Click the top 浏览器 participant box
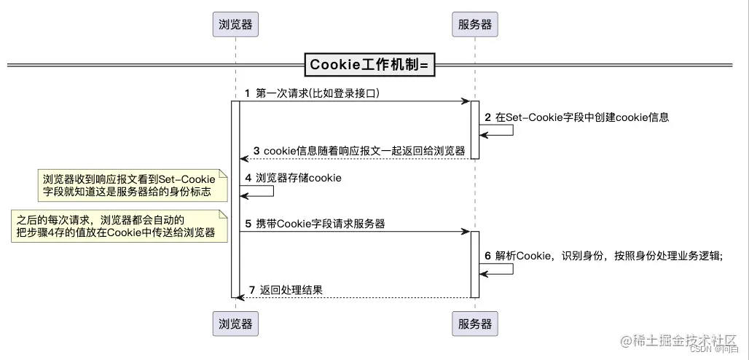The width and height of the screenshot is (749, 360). tap(236, 25)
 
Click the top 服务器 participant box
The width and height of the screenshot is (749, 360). tap(475, 25)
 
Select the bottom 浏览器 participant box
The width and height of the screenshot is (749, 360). tap(236, 323)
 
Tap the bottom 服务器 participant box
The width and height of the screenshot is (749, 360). tap(475, 323)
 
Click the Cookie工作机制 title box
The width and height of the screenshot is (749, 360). tap(369, 65)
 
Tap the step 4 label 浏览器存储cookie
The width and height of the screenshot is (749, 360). tap(293, 178)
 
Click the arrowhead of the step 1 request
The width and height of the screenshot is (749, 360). tap(466, 101)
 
